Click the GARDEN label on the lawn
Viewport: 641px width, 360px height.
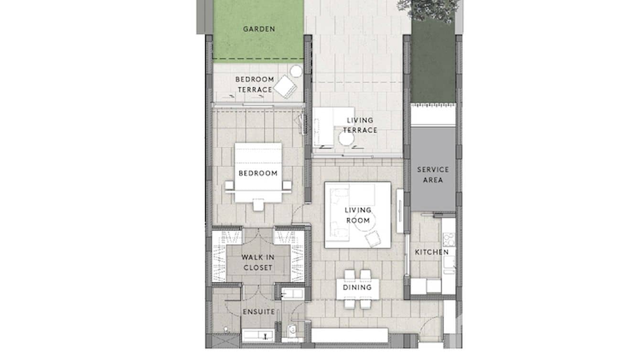tap(258, 29)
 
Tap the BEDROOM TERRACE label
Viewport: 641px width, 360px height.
tap(255, 85)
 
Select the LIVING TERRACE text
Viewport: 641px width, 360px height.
tap(360, 125)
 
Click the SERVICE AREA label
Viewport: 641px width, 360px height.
tap(433, 175)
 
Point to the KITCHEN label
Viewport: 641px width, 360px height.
tap(431, 252)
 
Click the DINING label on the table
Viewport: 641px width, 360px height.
tap(357, 288)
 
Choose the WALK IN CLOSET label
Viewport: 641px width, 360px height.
tap(258, 263)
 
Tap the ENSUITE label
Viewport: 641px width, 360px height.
tap(258, 312)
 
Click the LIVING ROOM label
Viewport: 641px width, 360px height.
tap(358, 215)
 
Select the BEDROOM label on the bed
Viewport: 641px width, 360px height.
tap(258, 173)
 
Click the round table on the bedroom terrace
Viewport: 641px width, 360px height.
tap(296, 72)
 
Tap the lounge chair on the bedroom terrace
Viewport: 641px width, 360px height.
tap(285, 87)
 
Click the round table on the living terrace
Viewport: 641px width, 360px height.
tap(346, 139)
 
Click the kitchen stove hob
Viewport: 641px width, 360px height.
tap(448, 239)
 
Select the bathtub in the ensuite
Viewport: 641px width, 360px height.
tap(257, 336)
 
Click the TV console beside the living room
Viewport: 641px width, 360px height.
tap(400, 210)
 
